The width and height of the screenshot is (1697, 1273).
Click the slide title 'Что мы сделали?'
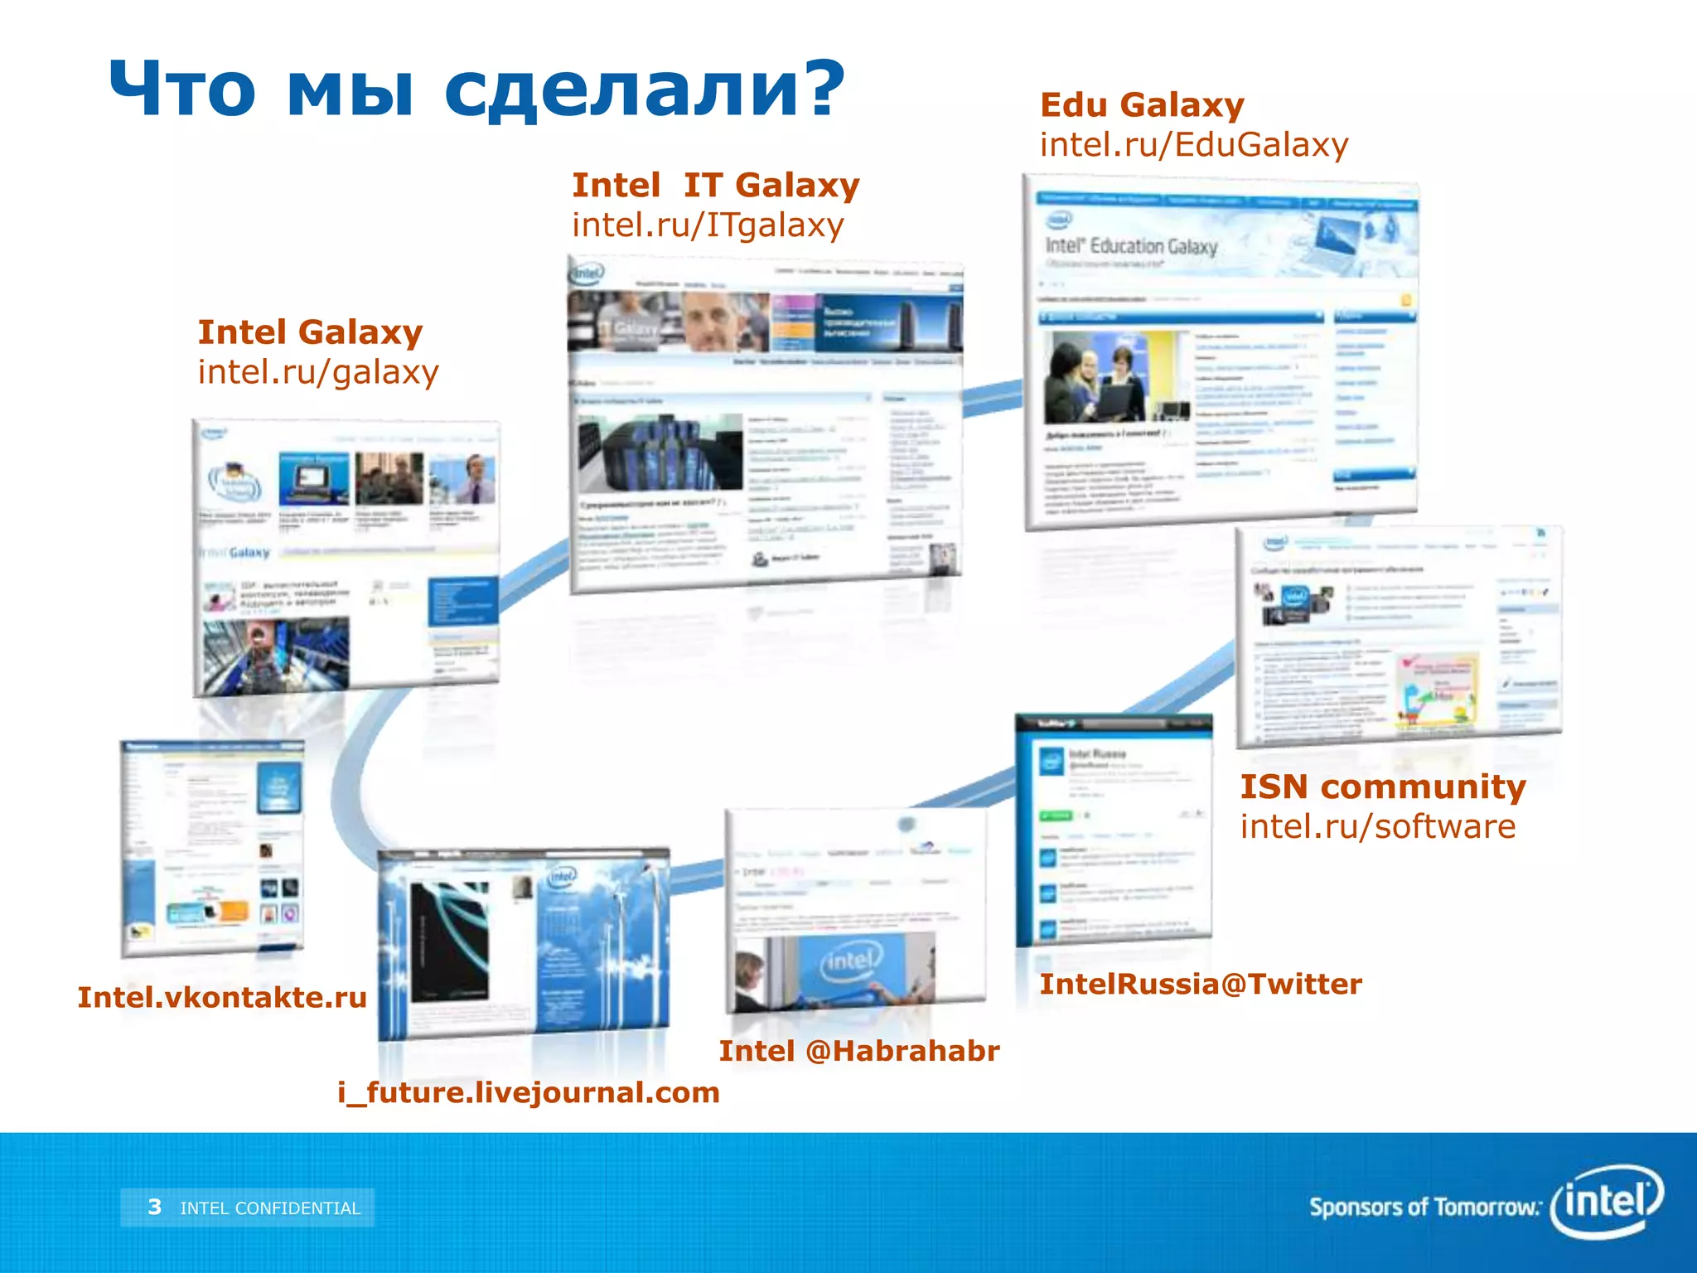pos(476,90)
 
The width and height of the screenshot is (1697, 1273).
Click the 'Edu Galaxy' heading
pos(1142,105)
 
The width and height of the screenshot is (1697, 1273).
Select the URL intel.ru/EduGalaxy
pos(1194,145)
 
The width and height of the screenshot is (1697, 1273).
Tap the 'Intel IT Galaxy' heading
pos(716,185)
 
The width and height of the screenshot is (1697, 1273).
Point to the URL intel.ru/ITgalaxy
pos(708,225)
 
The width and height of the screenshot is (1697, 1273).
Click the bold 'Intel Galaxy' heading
pos(310,332)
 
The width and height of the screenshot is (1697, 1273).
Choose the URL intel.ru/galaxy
pos(318,372)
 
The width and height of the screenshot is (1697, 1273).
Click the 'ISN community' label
pos(1383,787)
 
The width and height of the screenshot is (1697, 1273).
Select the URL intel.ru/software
pos(1378,826)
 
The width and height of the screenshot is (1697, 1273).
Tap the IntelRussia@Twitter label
pos(1201,984)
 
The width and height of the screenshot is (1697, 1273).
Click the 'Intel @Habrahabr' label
pos(859,1051)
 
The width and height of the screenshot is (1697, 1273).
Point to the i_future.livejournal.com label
pos(529,1092)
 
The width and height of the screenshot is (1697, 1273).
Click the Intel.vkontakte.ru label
pos(222,997)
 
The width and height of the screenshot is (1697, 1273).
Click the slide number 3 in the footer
pos(155,1207)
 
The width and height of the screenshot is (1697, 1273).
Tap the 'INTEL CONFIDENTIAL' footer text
pos(270,1208)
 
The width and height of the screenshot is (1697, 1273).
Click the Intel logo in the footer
pos(1607,1200)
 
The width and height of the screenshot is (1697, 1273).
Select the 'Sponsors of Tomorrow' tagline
pos(1424,1207)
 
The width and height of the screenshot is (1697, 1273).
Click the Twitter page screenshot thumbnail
pos(1114,829)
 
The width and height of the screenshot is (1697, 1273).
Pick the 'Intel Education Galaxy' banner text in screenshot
pos(1131,246)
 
